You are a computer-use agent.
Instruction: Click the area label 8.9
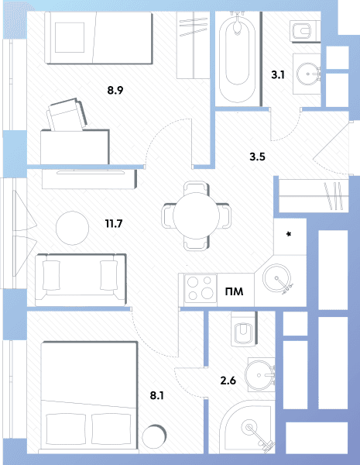(115, 90)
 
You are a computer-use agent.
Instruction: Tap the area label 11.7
(114, 223)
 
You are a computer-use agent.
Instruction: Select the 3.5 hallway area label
(257, 157)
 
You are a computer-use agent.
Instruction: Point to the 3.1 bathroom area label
(278, 74)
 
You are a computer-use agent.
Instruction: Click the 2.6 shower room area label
(228, 381)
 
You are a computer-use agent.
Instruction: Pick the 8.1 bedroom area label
(157, 395)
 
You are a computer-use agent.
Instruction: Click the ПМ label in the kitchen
(234, 291)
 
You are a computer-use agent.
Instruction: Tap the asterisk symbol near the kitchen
(289, 234)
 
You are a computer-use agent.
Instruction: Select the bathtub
(237, 58)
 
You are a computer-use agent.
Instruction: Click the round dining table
(196, 216)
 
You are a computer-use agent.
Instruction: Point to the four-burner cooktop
(201, 288)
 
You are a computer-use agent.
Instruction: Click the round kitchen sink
(276, 278)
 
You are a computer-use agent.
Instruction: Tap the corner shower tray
(248, 427)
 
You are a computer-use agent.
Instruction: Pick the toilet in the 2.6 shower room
(244, 329)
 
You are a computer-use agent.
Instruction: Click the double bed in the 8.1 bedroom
(89, 398)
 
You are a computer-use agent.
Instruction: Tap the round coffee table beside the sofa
(72, 228)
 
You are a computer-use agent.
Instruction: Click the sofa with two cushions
(81, 280)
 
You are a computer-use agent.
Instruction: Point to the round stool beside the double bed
(154, 436)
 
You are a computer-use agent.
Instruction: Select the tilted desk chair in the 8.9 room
(67, 115)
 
